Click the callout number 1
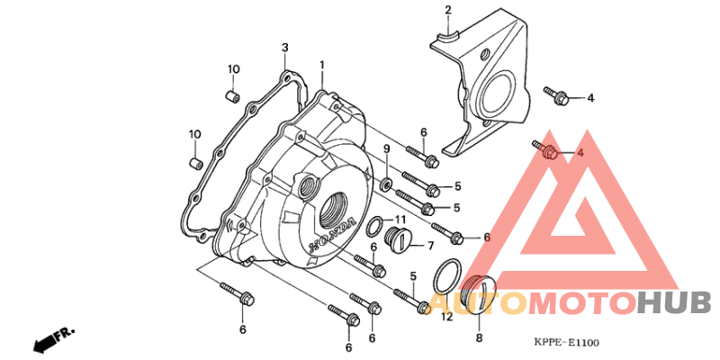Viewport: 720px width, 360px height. pyautogui.click(x=322, y=65)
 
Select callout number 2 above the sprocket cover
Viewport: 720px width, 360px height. pyautogui.click(x=447, y=10)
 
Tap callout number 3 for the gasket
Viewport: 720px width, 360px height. pyautogui.click(x=284, y=48)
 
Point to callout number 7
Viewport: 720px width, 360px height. pyautogui.click(x=430, y=246)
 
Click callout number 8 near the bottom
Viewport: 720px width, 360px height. pyautogui.click(x=479, y=338)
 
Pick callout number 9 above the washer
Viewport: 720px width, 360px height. pyautogui.click(x=387, y=148)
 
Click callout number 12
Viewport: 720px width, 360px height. pyautogui.click(x=446, y=317)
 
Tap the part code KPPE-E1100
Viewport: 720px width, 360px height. pyautogui.click(x=566, y=342)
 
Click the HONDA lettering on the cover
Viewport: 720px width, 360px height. pyautogui.click(x=332, y=235)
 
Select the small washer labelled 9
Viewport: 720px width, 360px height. pyautogui.click(x=387, y=185)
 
